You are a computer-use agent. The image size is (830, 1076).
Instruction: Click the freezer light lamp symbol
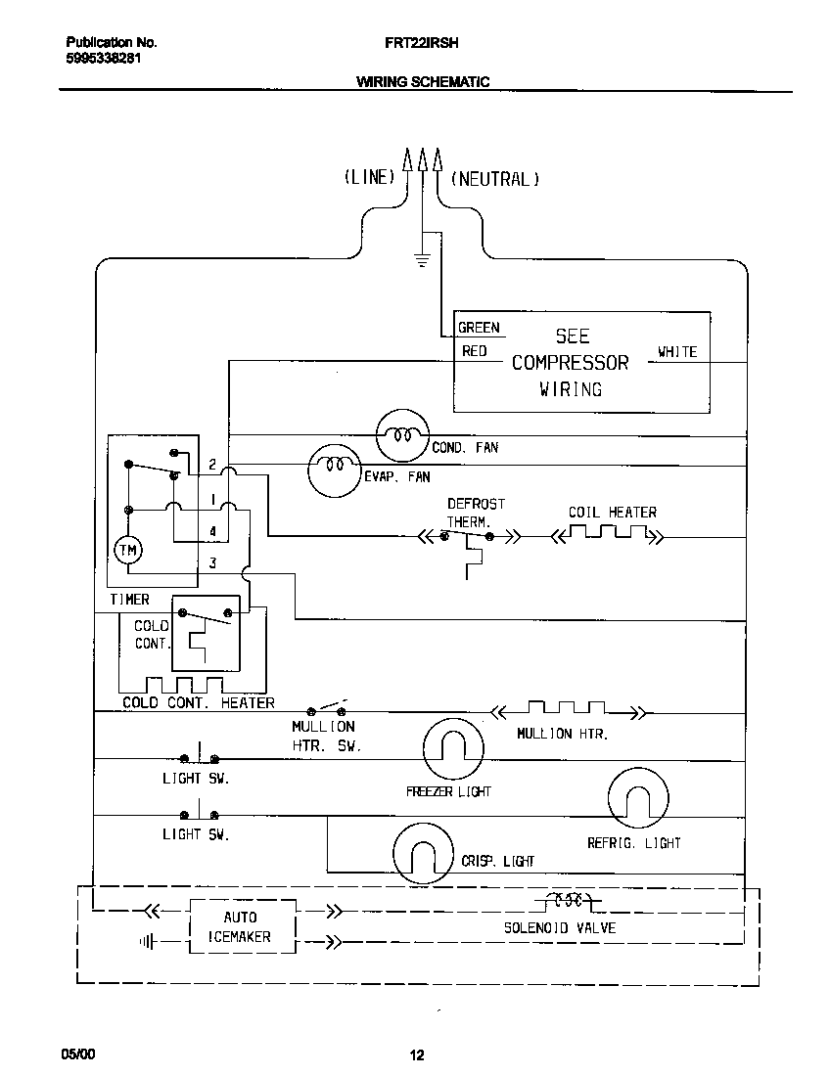click(452, 750)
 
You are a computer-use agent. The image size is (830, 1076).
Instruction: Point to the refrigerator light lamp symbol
click(638, 799)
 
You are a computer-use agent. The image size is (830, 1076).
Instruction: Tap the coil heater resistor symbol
click(607, 535)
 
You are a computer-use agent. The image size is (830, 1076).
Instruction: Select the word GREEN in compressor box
click(479, 328)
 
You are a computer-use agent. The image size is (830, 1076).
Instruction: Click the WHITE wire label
click(677, 352)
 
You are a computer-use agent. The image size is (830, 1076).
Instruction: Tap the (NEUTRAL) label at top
click(495, 179)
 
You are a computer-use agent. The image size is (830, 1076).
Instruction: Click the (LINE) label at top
click(369, 177)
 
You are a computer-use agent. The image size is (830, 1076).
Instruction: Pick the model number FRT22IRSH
click(422, 43)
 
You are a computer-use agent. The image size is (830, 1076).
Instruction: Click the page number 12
click(416, 1054)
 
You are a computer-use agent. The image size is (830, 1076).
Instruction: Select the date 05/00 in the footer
click(78, 1054)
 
